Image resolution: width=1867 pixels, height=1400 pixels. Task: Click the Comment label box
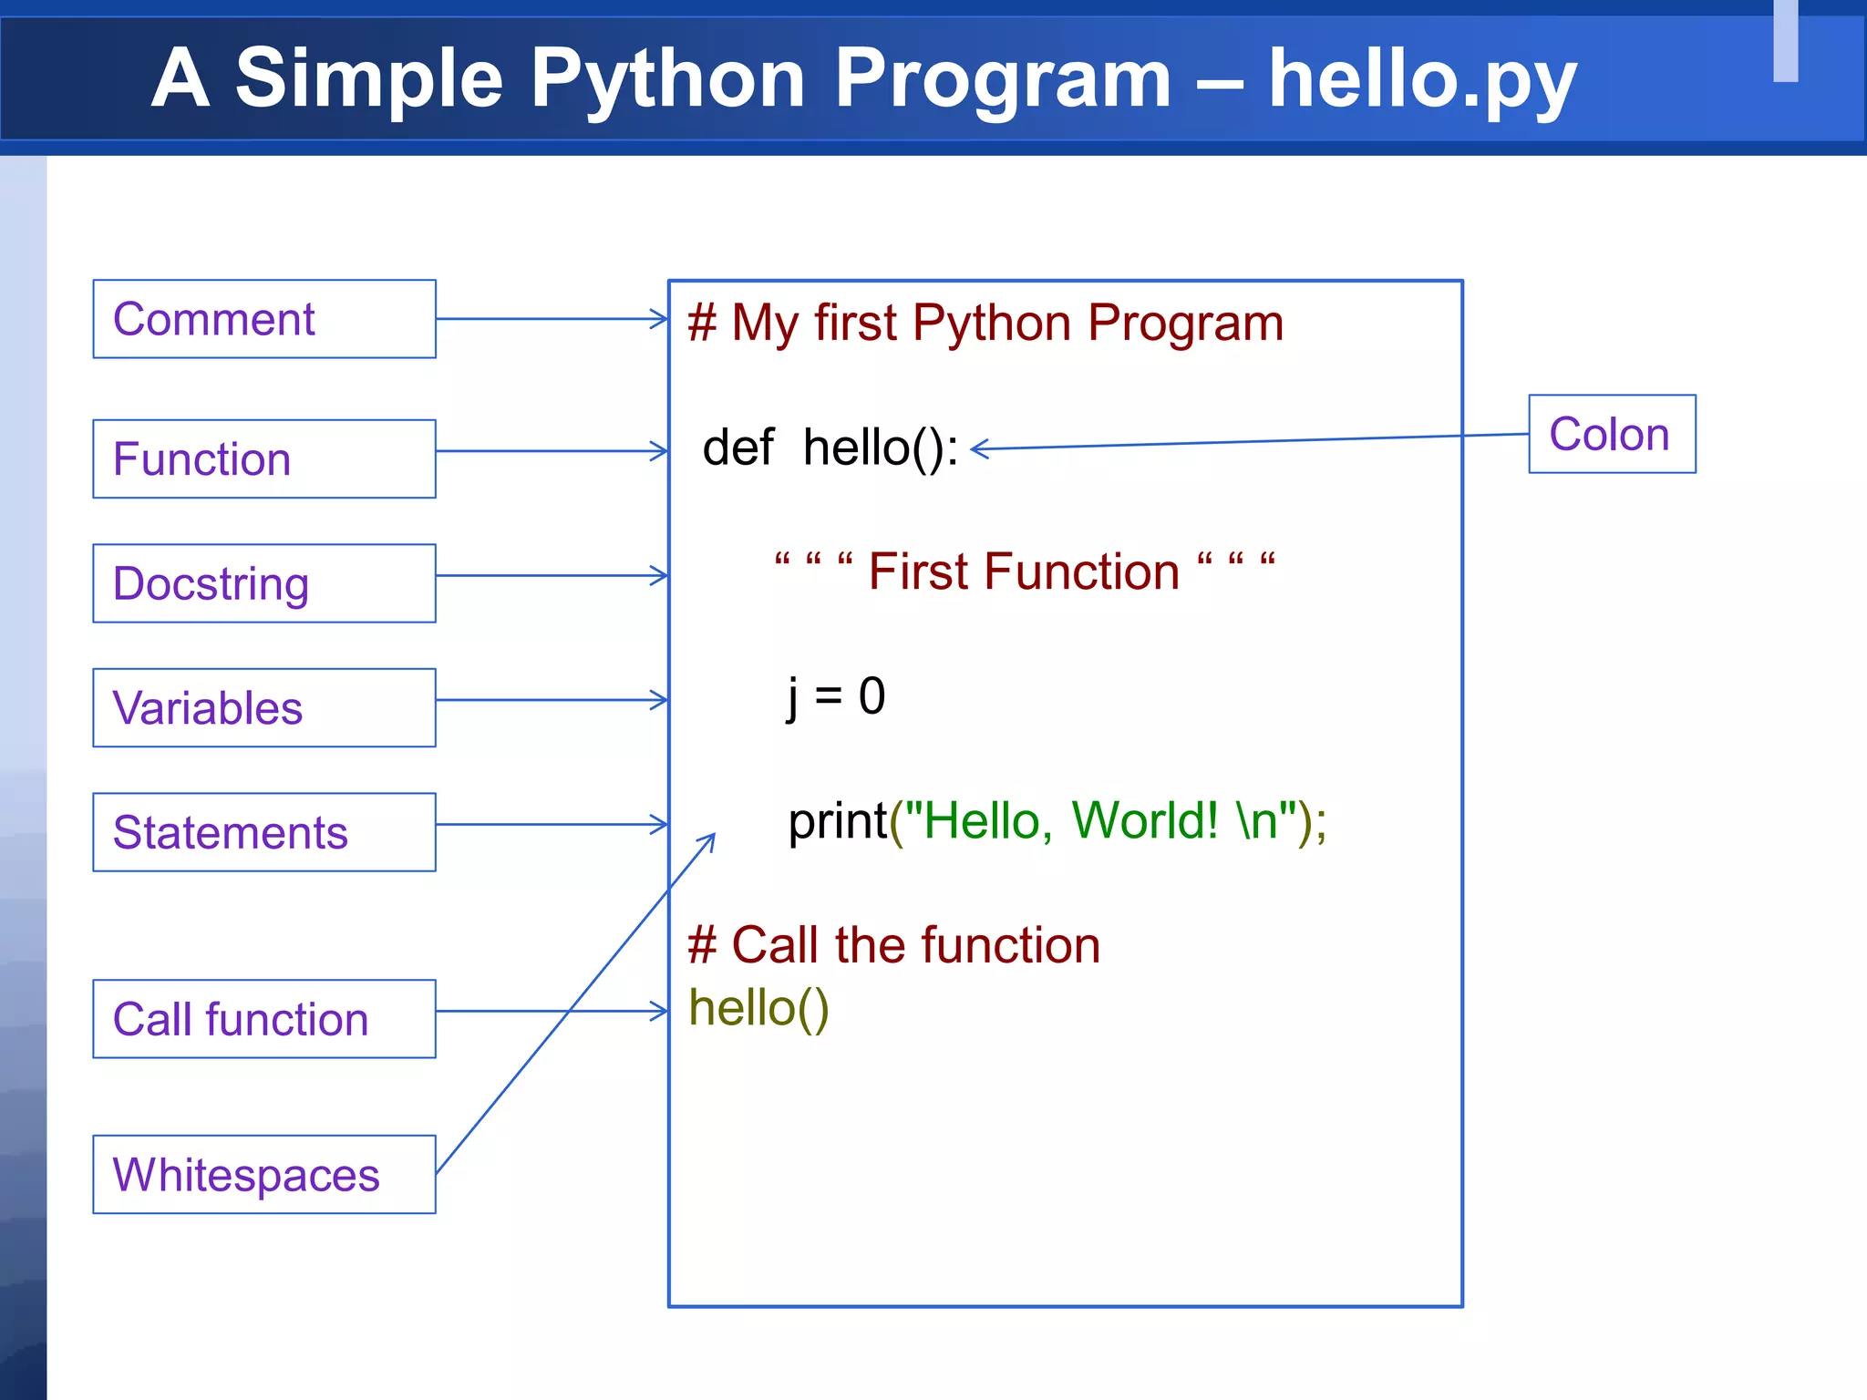click(264, 319)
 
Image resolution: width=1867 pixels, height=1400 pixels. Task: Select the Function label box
click(264, 458)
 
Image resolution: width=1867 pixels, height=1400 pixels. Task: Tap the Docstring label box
click(264, 583)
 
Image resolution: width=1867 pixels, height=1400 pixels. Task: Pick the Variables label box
click(264, 708)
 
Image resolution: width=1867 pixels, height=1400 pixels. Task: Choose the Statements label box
click(264, 832)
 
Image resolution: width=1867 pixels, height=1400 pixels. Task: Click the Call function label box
click(264, 1019)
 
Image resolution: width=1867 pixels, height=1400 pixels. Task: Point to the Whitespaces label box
click(264, 1174)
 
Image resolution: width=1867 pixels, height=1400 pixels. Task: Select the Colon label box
click(1612, 434)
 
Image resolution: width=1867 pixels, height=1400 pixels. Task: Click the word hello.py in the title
click(1422, 80)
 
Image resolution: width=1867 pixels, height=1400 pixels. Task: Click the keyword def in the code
click(738, 448)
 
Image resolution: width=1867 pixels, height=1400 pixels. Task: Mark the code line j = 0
click(836, 697)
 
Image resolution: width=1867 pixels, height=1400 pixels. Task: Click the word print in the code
click(838, 821)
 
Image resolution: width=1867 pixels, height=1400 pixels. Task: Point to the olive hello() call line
click(758, 1008)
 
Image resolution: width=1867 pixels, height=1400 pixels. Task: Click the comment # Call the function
click(893, 945)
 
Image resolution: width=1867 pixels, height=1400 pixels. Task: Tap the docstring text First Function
click(1024, 572)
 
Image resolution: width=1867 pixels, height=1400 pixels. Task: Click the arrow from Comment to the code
click(552, 319)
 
